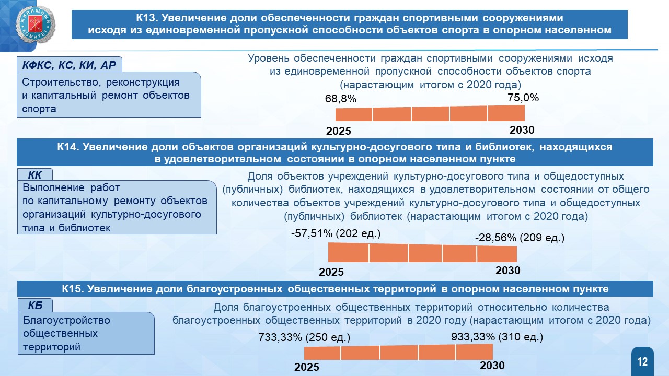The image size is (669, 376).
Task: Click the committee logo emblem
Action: click(x=36, y=25)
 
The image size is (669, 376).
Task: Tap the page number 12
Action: click(x=642, y=362)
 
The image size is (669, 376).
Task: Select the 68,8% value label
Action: click(x=341, y=99)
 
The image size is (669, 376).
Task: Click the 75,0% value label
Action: click(x=523, y=98)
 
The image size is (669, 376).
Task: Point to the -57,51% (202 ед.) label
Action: click(x=336, y=233)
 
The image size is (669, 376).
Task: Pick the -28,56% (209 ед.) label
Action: click(x=520, y=238)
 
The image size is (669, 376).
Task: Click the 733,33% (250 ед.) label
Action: click(x=304, y=337)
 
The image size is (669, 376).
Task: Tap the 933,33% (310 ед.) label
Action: click(x=497, y=337)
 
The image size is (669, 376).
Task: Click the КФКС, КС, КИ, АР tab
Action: click(x=69, y=65)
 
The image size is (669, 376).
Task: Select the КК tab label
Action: click(x=34, y=175)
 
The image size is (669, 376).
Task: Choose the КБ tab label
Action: click(x=35, y=305)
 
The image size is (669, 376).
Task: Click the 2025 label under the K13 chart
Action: click(x=338, y=131)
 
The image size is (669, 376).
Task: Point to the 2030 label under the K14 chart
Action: click(x=507, y=271)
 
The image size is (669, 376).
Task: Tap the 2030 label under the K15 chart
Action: click(x=492, y=365)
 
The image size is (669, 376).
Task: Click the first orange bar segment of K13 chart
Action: click(x=354, y=114)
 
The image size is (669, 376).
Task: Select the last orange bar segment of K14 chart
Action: click(x=497, y=254)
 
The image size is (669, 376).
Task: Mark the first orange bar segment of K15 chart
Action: click(x=322, y=353)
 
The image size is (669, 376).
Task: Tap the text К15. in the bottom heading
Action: click(x=73, y=289)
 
